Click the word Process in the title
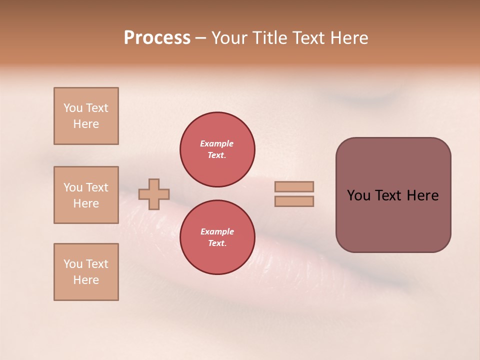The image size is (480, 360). (x=157, y=38)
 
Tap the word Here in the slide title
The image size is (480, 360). (x=348, y=38)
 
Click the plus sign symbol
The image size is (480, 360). (x=154, y=194)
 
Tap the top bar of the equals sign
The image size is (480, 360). (x=294, y=186)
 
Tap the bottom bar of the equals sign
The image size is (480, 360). (x=294, y=201)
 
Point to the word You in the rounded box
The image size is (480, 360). (x=358, y=195)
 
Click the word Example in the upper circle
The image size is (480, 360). (x=217, y=143)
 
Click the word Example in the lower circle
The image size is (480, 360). (x=217, y=231)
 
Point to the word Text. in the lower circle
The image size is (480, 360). (x=217, y=243)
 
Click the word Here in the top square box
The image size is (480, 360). (x=86, y=124)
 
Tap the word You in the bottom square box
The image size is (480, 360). (x=73, y=264)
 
